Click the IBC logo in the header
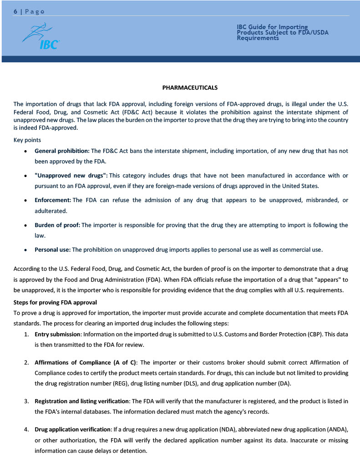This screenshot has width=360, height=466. tap(41, 36)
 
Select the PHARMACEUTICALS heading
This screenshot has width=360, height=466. tap(190, 87)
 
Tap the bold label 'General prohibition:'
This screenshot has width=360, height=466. tap(62, 151)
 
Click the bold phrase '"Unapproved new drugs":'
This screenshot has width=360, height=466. tap(71, 176)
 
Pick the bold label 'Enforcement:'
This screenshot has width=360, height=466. tap(53, 200)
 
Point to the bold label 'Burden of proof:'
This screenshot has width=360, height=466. tap(57, 225)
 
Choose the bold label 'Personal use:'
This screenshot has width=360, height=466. tap(52, 249)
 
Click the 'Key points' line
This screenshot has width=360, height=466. tap(27, 140)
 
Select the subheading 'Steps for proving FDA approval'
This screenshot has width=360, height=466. tap(55, 302)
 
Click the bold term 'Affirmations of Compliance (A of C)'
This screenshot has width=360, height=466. tap(86, 363)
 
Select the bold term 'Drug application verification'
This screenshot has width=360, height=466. tap(73, 430)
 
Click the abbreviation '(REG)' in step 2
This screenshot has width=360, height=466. tap(119, 384)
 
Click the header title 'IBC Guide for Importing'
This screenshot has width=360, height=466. tap(272, 27)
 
